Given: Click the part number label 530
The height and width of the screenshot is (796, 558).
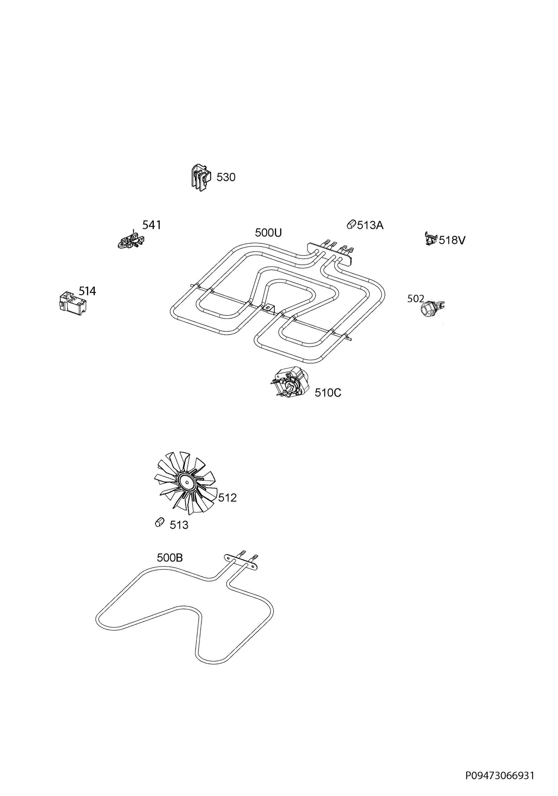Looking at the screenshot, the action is pyautogui.click(x=226, y=177).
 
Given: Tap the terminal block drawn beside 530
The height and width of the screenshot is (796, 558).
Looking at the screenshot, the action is pyautogui.click(x=201, y=178).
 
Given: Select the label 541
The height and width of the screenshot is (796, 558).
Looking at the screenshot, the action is pyautogui.click(x=152, y=225).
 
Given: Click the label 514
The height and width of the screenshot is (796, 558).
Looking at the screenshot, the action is pyautogui.click(x=87, y=291).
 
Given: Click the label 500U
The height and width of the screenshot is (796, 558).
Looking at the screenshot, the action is pyautogui.click(x=268, y=232).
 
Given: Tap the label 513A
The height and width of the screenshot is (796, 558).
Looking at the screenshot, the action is pyautogui.click(x=370, y=225).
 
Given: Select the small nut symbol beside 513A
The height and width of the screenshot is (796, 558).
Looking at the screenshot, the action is pyautogui.click(x=351, y=224).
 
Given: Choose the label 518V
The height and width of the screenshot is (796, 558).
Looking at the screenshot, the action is pyautogui.click(x=452, y=240).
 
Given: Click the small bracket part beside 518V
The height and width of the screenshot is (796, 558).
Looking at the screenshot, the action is pyautogui.click(x=431, y=238).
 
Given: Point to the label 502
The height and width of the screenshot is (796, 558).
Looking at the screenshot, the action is pyautogui.click(x=415, y=298).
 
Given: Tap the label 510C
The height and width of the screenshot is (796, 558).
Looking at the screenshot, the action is pyautogui.click(x=328, y=393).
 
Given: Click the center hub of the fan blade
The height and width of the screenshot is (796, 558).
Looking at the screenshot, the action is pyautogui.click(x=187, y=482).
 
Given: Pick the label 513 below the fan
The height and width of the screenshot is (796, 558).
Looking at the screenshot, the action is pyautogui.click(x=179, y=525).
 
